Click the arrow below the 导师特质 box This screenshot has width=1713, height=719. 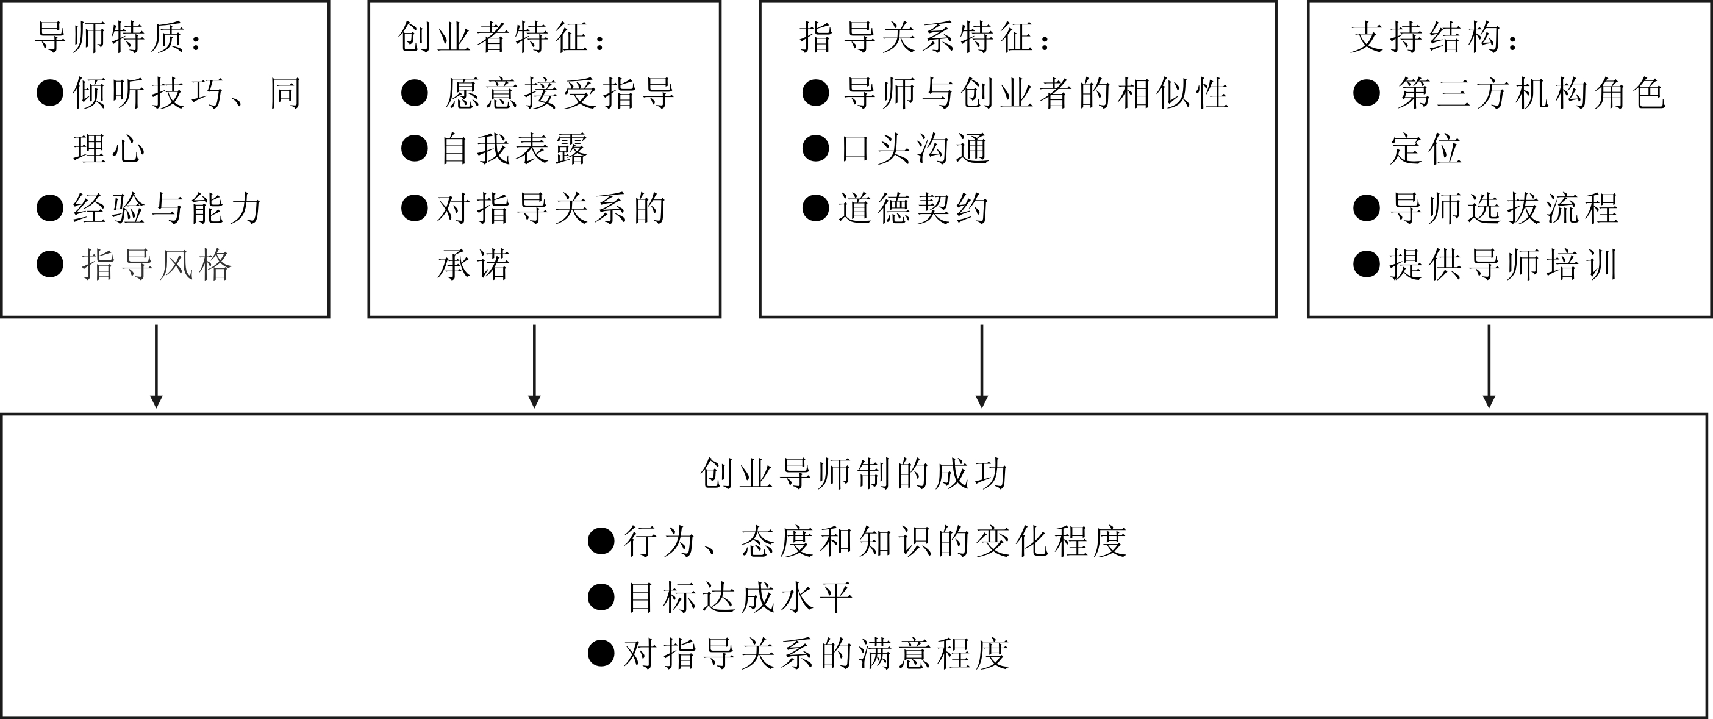(156, 366)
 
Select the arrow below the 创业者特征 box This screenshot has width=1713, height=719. (534, 366)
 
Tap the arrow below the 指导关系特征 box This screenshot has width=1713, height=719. (982, 366)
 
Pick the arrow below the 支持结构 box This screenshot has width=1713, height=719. (1489, 366)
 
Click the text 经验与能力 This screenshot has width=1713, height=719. (168, 209)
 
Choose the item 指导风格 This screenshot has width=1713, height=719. (157, 265)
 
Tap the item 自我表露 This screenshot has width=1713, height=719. (514, 149)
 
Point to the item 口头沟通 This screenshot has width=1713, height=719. (915, 149)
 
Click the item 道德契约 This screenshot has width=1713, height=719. (913, 209)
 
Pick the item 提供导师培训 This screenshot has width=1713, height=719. (1503, 265)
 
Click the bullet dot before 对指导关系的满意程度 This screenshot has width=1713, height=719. (601, 653)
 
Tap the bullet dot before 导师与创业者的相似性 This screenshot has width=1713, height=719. (816, 93)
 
